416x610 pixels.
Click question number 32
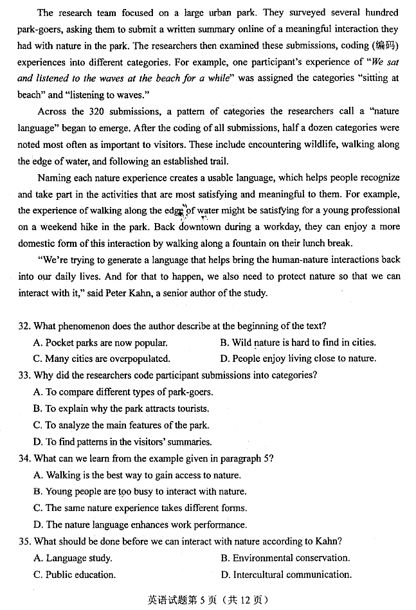point(24,326)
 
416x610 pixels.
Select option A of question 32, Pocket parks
point(100,343)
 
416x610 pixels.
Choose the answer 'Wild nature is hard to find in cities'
point(298,343)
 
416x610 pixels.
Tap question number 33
point(24,375)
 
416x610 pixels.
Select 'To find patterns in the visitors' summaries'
point(122,442)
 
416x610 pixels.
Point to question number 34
point(24,458)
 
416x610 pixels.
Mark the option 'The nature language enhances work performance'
point(140,525)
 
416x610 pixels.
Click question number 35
point(24,541)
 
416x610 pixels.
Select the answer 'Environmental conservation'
point(285,558)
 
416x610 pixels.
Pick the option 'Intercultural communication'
point(285,575)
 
